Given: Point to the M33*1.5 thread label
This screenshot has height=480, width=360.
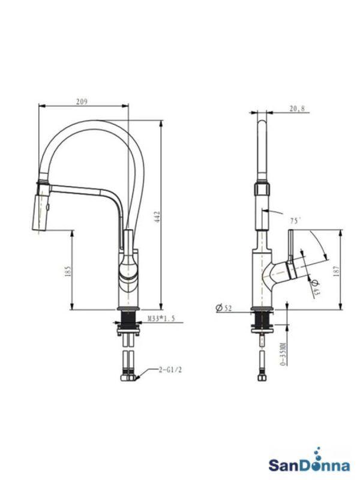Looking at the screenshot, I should coord(160,319).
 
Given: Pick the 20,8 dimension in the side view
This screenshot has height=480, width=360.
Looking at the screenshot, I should coord(296,109).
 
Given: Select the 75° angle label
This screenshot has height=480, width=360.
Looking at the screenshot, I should coord(295,221).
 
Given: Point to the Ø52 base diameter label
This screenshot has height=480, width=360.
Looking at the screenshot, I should coord(224,308).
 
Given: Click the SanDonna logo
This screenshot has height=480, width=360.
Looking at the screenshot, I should coord(305,464).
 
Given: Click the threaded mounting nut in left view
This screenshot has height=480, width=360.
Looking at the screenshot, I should coord(127,324).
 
